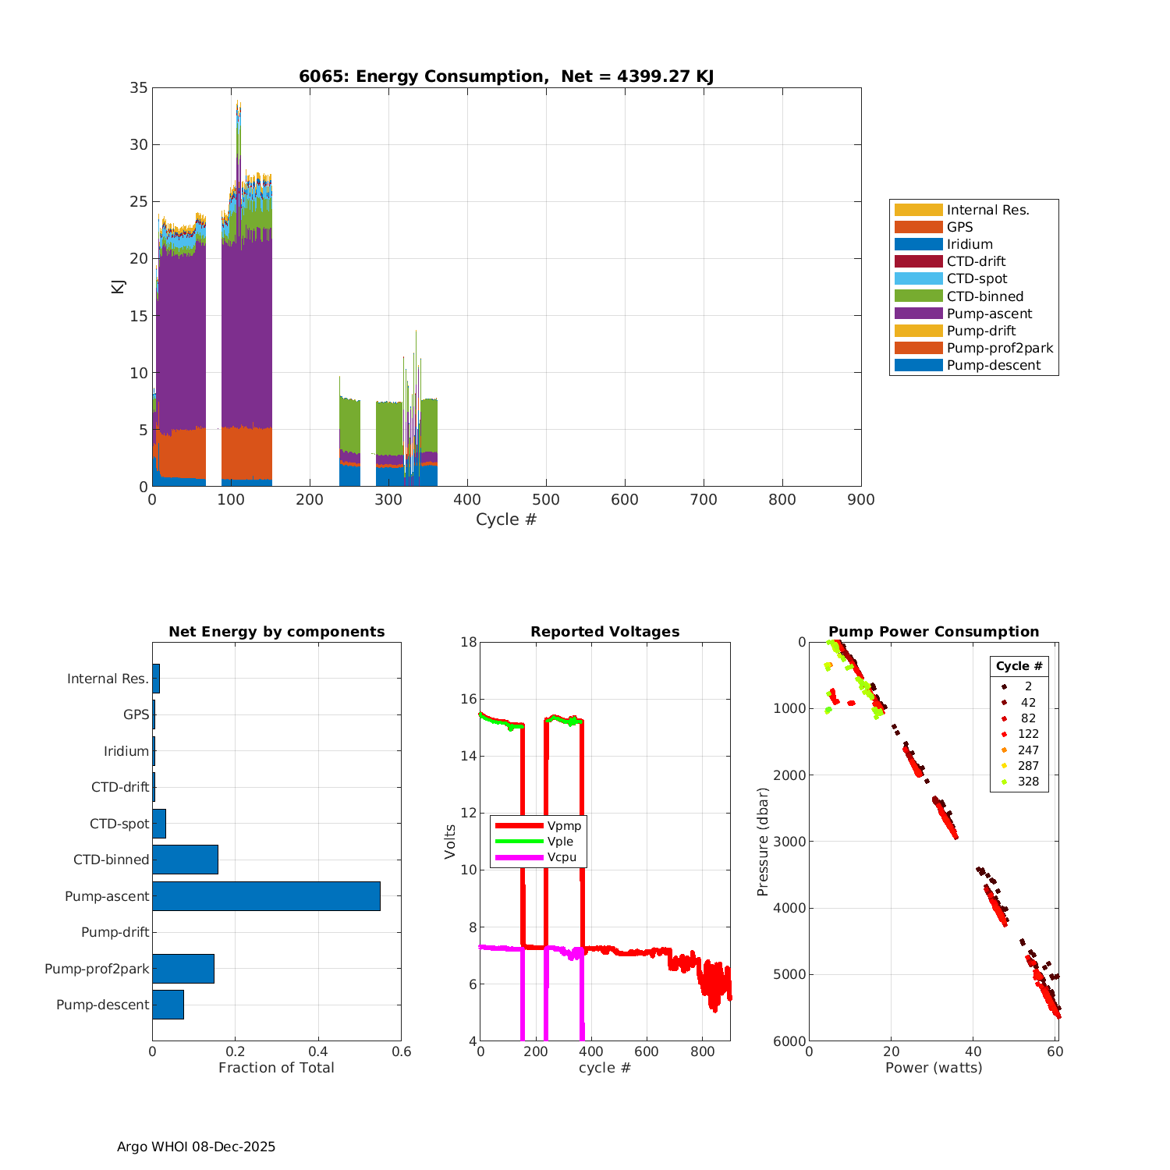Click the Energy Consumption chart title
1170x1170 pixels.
506,76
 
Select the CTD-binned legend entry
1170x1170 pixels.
984,296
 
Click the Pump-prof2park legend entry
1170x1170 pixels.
999,348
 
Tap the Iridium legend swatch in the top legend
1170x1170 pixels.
918,244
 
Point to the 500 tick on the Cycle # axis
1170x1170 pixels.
546,500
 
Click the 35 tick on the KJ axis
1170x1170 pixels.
138,88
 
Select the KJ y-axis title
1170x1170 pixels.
119,286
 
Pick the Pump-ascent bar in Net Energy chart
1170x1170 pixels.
266,896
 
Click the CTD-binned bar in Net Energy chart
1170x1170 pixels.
185,860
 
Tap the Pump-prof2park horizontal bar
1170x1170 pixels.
183,969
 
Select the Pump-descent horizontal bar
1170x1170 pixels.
168,1005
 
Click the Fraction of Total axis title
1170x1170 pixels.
276,1068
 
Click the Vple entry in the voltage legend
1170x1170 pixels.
560,842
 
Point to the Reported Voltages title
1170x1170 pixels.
604,632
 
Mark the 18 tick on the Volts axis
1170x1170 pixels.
469,642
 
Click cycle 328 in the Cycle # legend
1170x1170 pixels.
1028,782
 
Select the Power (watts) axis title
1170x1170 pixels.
934,1068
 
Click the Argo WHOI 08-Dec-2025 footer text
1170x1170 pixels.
196,1147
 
